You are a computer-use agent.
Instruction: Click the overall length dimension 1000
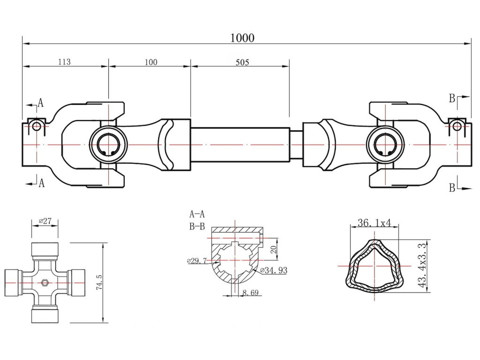[242, 38]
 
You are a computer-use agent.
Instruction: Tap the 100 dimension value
[151, 62]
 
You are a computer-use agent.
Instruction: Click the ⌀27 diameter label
[45, 220]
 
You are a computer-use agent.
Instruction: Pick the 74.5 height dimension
[99, 283]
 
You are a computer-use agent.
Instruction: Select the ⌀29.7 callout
[197, 261]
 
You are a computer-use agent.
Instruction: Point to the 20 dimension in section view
[273, 249]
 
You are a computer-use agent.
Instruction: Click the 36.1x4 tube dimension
[374, 223]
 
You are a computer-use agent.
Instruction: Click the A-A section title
[197, 215]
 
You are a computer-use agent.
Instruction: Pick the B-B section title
[197, 228]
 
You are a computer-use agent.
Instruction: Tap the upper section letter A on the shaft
[41, 103]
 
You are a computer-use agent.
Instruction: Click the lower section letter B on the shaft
[452, 188]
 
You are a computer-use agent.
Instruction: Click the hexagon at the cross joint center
[45, 283]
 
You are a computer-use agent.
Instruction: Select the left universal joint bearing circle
[109, 145]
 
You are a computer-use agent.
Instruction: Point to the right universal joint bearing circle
[385, 145]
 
